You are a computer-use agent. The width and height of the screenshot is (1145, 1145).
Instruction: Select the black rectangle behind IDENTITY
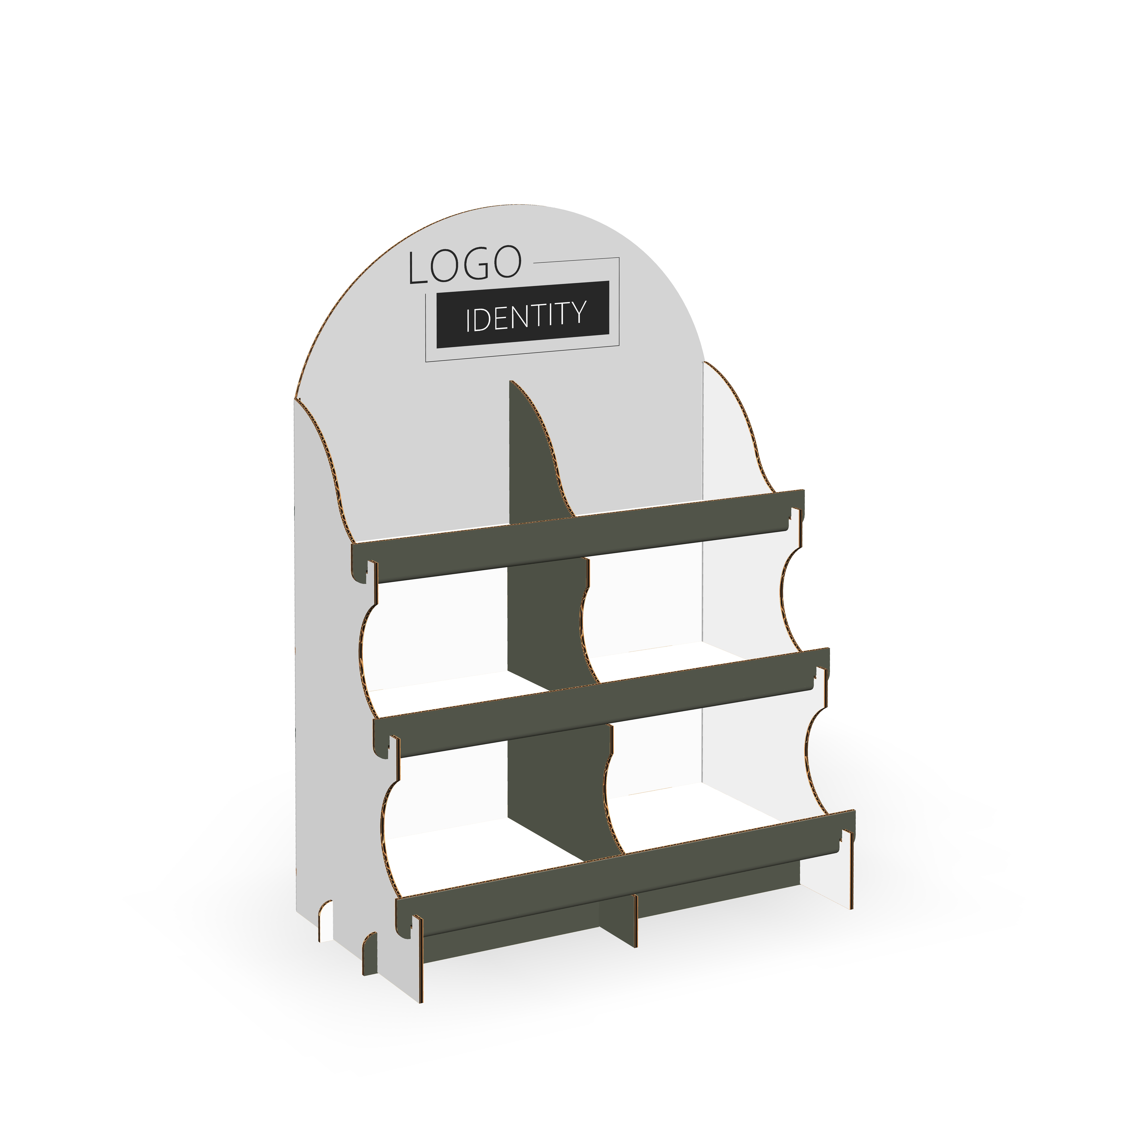pos(523,314)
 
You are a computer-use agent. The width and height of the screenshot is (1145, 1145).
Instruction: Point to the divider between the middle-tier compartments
pos(548,622)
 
